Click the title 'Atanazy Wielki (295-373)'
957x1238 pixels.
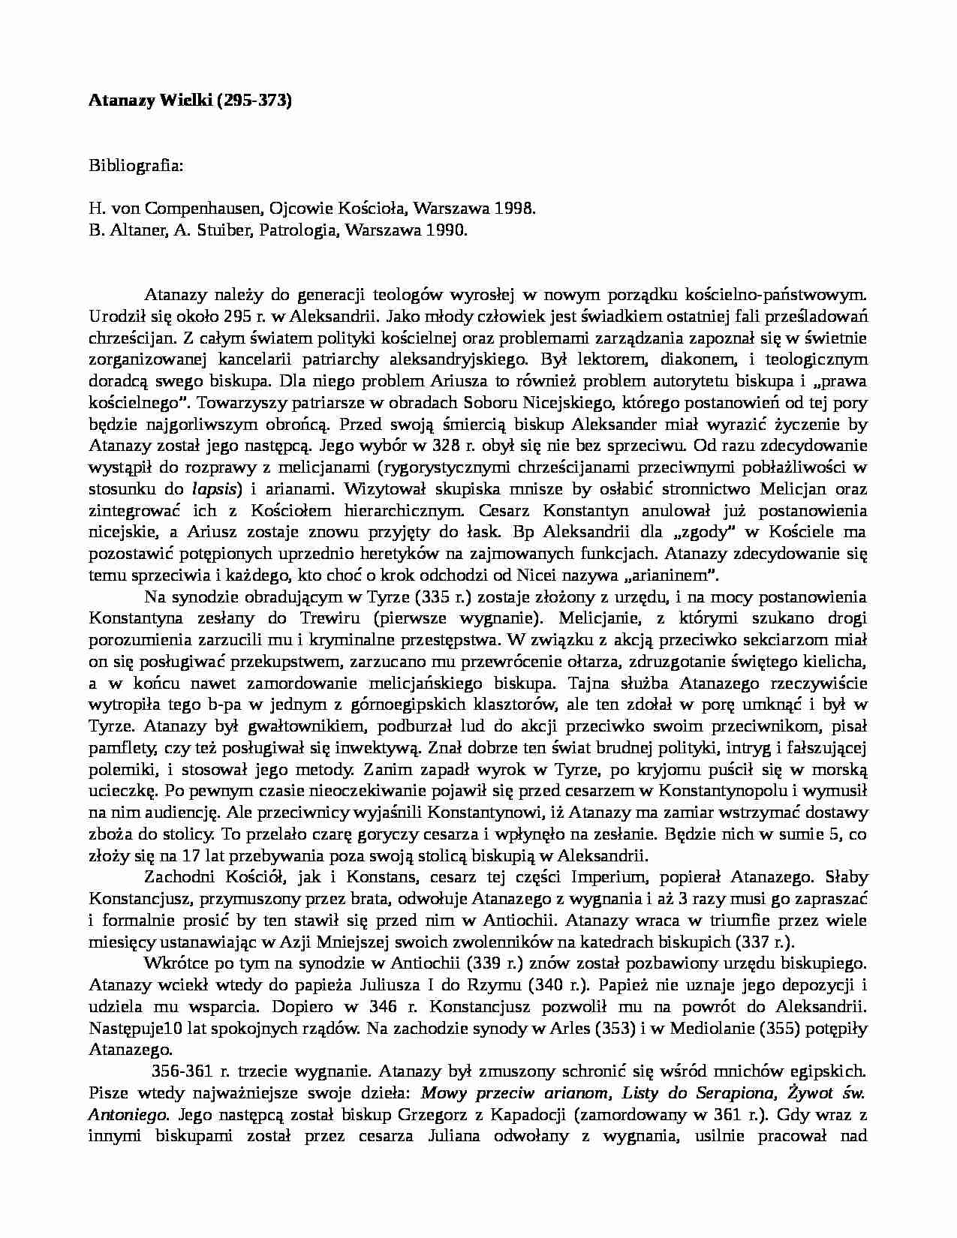point(190,101)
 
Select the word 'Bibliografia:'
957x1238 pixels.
point(135,165)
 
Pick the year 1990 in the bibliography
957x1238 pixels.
point(448,230)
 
